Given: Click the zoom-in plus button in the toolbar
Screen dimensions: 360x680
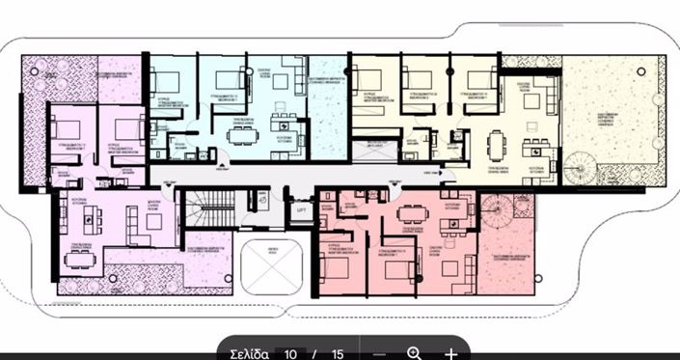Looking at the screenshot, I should [x=450, y=353].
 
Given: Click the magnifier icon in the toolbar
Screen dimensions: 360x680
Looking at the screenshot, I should [x=415, y=353].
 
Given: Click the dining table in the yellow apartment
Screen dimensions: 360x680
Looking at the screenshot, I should [x=497, y=145].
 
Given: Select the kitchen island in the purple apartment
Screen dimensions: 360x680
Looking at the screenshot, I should [x=93, y=219].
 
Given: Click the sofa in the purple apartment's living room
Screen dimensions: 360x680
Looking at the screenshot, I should [x=154, y=221].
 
